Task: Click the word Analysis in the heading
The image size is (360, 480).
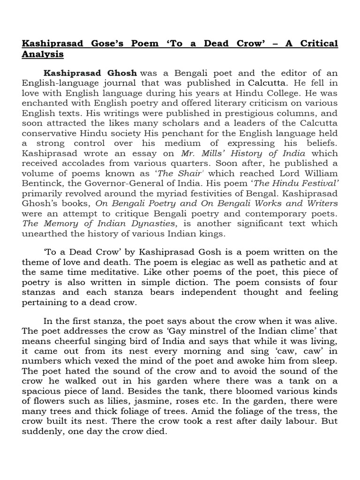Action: pos(43,55)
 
